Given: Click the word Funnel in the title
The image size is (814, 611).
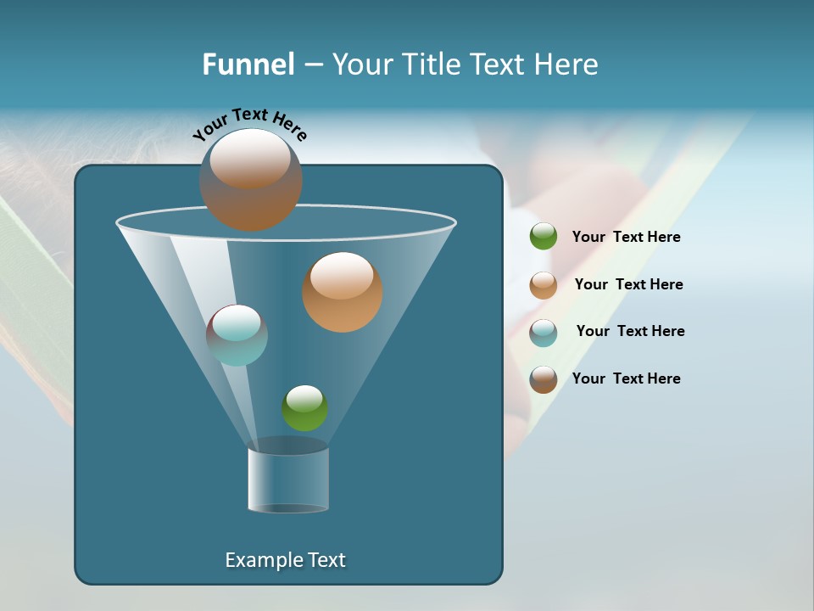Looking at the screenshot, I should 248,64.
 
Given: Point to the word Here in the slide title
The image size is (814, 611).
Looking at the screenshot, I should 566,64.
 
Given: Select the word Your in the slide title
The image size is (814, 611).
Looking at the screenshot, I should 361,64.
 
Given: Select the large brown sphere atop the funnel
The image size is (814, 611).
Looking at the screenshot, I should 250,180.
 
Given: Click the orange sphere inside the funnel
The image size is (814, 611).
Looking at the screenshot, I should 342,292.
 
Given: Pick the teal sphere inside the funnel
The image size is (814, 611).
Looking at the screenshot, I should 237,335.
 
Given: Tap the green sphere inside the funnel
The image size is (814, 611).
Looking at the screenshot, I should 304,408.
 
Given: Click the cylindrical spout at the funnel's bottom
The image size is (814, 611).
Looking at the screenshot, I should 288,479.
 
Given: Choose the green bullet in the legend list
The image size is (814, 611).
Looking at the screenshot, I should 544,237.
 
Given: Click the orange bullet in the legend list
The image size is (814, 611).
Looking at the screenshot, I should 544,284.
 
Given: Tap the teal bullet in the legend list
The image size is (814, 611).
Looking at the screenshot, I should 544,332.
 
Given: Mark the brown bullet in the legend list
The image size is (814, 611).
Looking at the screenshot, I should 544,379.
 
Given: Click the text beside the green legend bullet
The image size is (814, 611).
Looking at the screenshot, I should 626,237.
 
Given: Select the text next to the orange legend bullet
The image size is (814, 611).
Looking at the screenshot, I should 628,284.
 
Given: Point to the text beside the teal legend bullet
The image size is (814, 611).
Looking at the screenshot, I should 630,331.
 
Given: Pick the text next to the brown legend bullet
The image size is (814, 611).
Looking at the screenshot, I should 626,378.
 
